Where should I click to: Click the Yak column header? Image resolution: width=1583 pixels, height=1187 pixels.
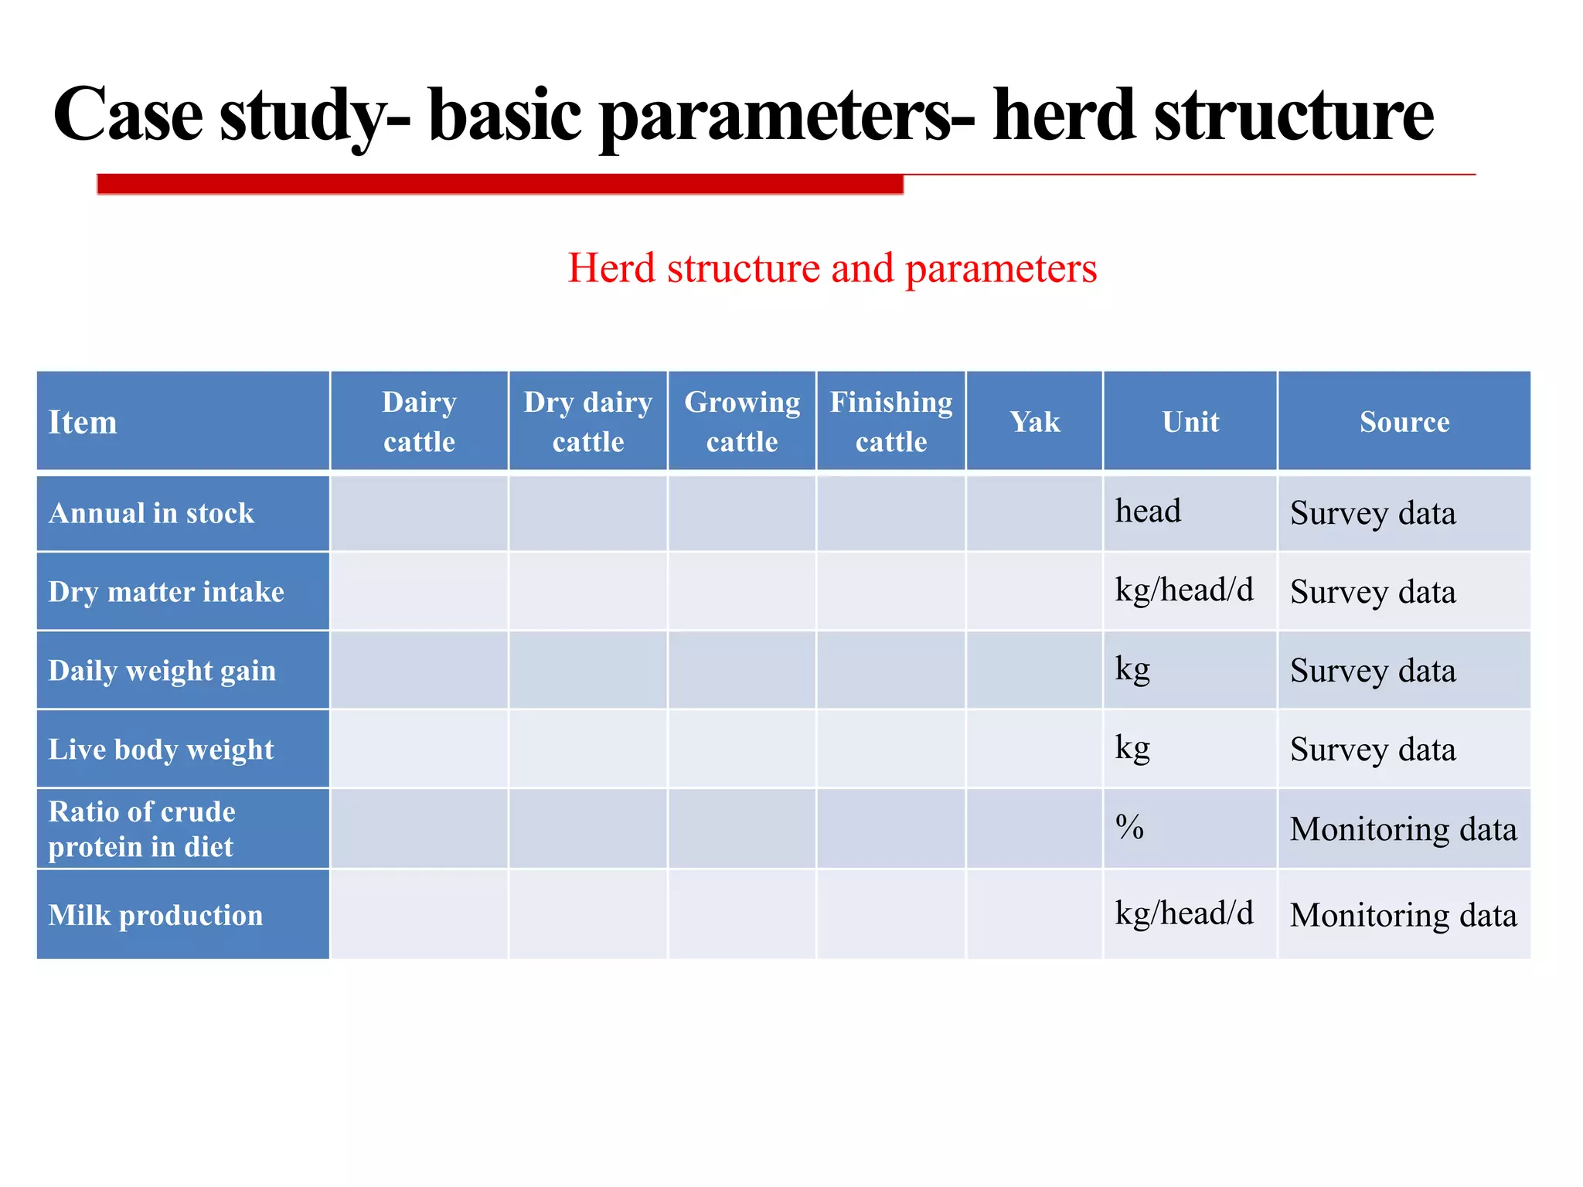[1034, 422]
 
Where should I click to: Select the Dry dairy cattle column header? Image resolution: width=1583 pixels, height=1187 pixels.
[587, 422]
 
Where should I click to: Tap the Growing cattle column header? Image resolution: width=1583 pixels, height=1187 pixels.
[742, 422]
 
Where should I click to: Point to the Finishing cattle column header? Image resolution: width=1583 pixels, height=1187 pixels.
[890, 422]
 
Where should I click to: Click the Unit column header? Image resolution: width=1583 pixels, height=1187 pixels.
[1190, 422]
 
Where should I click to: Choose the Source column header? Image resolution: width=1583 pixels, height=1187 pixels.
[1404, 422]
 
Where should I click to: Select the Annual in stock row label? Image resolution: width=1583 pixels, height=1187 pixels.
[151, 513]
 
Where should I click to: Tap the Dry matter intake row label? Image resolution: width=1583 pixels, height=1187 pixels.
[166, 592]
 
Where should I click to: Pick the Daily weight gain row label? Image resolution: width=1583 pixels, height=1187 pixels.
[162, 671]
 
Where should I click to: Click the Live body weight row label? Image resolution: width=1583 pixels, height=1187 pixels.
[161, 750]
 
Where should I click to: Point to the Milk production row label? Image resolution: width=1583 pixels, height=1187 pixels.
[155, 915]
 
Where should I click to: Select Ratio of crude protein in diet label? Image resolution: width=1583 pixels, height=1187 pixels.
[142, 828]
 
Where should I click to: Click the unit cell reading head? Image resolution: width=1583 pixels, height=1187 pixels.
[1148, 512]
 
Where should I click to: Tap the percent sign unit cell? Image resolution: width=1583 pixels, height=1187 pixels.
[1129, 828]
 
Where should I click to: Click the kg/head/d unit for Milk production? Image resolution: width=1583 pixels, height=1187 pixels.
[1183, 913]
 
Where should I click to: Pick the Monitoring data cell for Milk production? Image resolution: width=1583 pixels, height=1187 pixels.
[1403, 915]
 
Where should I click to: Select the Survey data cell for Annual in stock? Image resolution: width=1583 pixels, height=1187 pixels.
[1373, 514]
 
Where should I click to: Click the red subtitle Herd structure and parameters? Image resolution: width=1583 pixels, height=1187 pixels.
[832, 268]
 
